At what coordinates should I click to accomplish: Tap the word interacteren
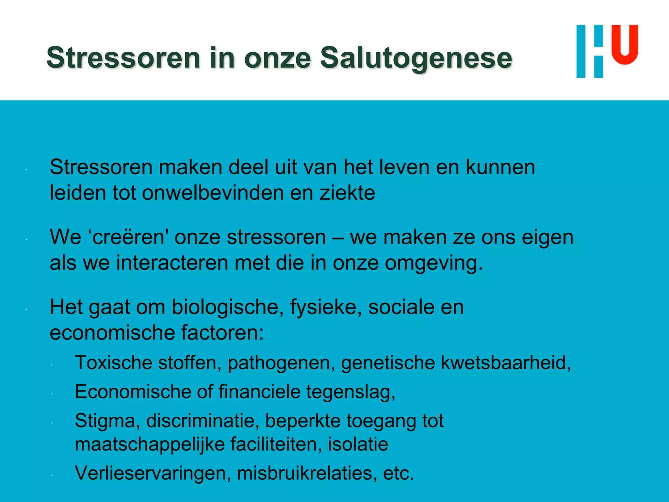pyautogui.click(x=172, y=263)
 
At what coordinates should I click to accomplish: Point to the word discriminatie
pyautogui.click(x=203, y=421)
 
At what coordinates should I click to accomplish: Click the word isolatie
pyautogui.click(x=358, y=444)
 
